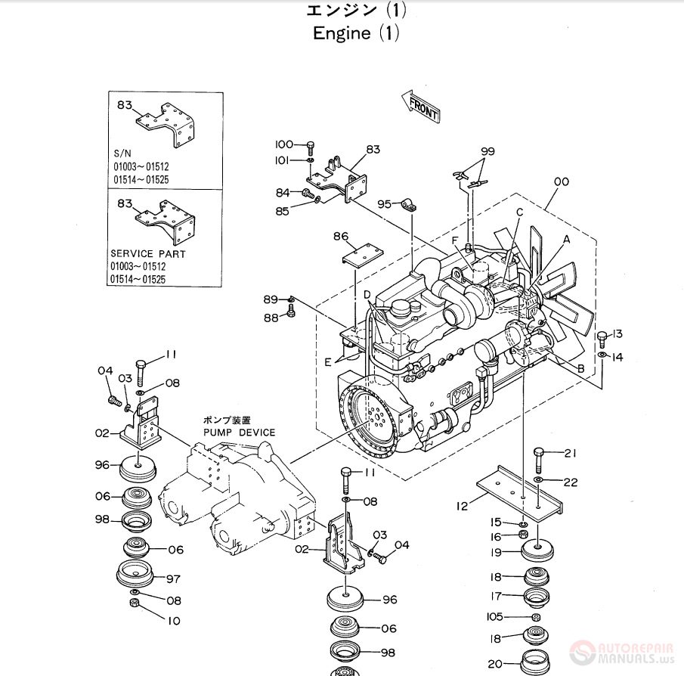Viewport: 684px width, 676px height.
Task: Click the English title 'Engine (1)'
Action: point(355,33)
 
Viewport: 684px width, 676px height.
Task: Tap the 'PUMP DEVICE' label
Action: point(240,432)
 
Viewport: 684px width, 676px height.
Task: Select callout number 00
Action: point(561,182)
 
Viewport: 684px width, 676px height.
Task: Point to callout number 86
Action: point(341,237)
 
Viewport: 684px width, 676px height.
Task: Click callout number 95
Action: point(385,204)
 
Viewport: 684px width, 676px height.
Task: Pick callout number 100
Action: point(283,144)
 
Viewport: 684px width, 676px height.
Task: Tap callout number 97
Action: point(173,578)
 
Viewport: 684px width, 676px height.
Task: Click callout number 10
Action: point(174,621)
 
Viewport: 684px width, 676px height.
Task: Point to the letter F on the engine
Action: point(455,240)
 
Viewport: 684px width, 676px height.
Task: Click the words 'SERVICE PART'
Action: point(143,254)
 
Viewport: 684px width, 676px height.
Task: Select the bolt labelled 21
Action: point(538,458)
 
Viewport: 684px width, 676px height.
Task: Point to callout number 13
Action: point(617,334)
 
